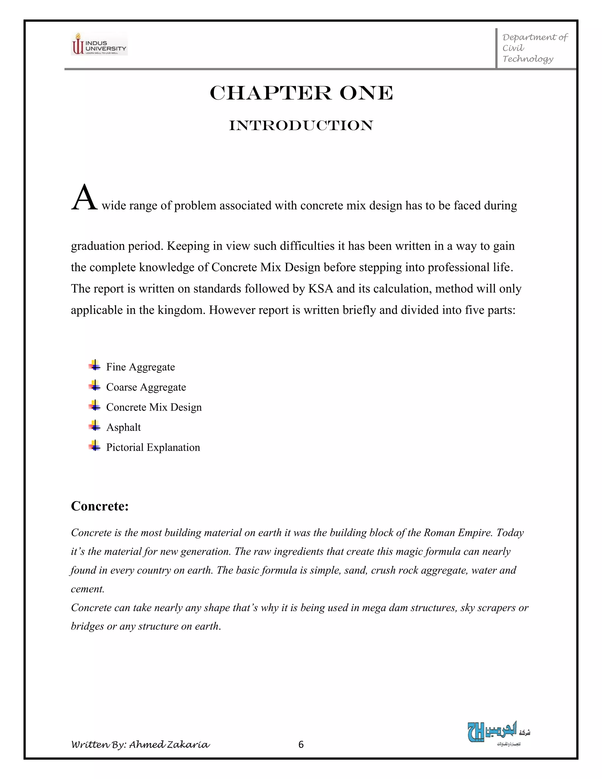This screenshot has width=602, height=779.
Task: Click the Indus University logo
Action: point(99,44)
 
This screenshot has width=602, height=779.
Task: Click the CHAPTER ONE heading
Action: point(301,93)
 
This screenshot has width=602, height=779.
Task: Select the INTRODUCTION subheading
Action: point(301,126)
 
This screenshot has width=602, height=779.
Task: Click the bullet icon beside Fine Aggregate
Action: point(95,365)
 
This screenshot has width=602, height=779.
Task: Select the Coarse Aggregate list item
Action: point(146,387)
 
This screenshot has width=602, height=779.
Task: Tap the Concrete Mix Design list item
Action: point(154,407)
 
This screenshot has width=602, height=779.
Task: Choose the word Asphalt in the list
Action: point(123,427)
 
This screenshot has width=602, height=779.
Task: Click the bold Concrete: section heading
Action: point(100,506)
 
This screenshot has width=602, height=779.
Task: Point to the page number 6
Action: point(301,744)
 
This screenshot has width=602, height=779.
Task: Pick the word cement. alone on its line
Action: point(87,589)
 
